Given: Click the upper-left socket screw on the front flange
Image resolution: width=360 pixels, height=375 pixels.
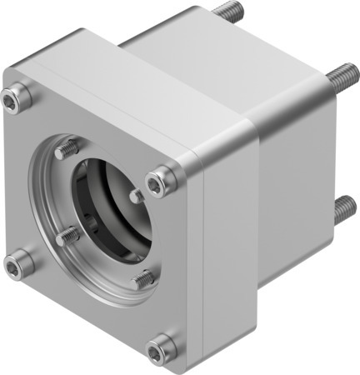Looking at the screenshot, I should tap(12, 101).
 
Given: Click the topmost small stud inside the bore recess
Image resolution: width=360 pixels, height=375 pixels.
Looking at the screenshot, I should tap(68, 150).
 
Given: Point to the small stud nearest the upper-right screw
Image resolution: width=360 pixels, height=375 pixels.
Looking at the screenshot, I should tap(136, 197).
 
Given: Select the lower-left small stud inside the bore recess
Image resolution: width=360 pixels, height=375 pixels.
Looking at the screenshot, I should tap(67, 237).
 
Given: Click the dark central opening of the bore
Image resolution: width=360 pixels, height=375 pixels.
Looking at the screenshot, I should tap(112, 208).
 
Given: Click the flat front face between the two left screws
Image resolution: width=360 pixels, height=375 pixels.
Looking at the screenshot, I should tap(17, 183).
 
